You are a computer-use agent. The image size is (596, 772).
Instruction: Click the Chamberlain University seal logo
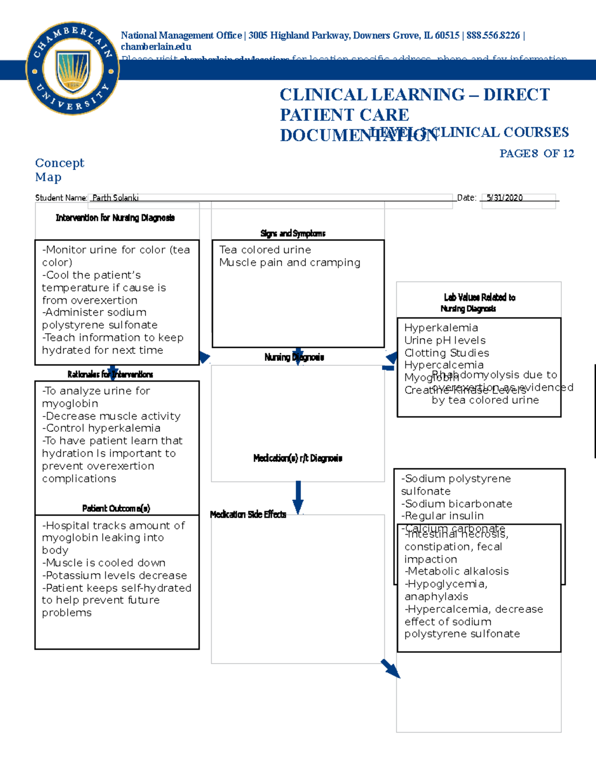[73, 68]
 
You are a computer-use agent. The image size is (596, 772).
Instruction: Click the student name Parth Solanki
[115, 198]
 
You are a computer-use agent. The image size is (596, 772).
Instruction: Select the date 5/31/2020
[505, 198]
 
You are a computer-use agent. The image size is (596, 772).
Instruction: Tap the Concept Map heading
[60, 170]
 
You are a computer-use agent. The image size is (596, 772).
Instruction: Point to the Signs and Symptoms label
[293, 234]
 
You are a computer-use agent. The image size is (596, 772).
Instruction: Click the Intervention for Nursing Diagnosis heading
[115, 218]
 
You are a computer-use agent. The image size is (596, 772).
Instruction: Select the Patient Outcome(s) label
[116, 508]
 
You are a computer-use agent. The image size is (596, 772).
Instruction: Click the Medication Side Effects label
[248, 515]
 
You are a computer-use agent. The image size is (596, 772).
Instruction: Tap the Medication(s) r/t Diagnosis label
[298, 458]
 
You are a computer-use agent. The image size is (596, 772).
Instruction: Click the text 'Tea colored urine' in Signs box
[265, 250]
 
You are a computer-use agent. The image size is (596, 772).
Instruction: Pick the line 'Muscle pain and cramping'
[290, 262]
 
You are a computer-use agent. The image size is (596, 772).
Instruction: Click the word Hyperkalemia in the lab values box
[441, 328]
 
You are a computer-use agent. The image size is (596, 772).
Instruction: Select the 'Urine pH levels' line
[445, 341]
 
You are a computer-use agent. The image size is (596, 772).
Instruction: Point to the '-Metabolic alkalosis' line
[456, 572]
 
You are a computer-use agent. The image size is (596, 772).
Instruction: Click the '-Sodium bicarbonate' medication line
[456, 504]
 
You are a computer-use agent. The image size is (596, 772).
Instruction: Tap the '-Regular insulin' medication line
[442, 516]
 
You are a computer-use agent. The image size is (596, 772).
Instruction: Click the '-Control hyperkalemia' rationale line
[101, 428]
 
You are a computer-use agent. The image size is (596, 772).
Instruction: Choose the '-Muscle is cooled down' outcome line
[104, 563]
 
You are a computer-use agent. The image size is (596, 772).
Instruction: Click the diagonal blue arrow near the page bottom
[390, 669]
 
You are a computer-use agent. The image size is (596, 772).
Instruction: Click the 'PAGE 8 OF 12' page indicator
[536, 154]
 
